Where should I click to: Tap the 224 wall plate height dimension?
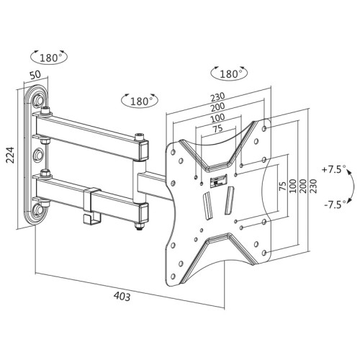coord(10,161)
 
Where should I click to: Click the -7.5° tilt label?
coord(333,204)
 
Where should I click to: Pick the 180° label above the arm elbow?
coord(139,102)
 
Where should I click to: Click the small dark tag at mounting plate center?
coord(214,181)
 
